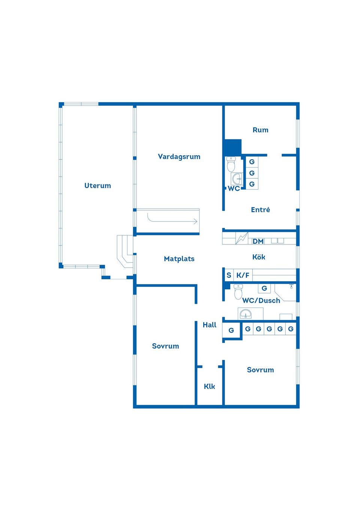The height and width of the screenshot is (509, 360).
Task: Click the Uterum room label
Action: point(97,186)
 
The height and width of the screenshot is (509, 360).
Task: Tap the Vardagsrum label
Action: point(179,157)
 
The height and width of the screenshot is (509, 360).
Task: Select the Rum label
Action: point(260,130)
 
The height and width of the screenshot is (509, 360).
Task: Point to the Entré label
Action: point(260,210)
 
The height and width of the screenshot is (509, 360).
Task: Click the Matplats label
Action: point(179,259)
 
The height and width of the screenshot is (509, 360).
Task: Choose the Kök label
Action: point(258,257)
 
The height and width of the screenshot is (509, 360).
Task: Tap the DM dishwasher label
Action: point(258,241)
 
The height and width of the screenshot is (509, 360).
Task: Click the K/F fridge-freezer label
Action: point(243,275)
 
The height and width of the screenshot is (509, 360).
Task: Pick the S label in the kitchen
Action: point(229,275)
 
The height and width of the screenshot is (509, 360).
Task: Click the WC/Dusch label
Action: point(261,301)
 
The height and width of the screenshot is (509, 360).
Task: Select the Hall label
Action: point(209,325)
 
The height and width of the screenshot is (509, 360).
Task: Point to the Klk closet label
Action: point(209,386)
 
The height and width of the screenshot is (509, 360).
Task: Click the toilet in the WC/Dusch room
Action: point(238,292)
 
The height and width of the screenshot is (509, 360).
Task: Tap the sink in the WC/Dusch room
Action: point(246,314)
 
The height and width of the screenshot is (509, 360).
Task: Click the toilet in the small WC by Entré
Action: point(231,164)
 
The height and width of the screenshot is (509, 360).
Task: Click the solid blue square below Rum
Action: point(232,147)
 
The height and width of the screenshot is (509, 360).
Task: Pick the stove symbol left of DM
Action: point(242,238)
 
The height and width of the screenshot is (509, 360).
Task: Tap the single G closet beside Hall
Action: point(231,330)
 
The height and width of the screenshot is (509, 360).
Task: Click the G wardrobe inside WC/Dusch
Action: point(264,288)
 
